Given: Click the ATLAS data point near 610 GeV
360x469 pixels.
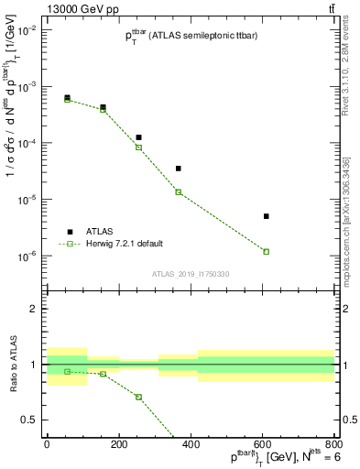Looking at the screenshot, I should (266, 216).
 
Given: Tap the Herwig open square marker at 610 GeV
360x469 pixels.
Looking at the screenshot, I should (266, 251).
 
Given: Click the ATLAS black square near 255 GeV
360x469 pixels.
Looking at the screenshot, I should (138, 137).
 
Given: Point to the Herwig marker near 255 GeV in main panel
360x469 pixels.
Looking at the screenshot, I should (138, 147).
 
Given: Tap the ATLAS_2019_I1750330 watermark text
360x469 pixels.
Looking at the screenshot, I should (191, 273).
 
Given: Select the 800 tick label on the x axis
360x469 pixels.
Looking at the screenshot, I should (333, 444).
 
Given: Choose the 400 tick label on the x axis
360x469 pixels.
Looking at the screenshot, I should (190, 444).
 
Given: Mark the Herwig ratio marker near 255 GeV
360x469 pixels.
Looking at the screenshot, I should (138, 397).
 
